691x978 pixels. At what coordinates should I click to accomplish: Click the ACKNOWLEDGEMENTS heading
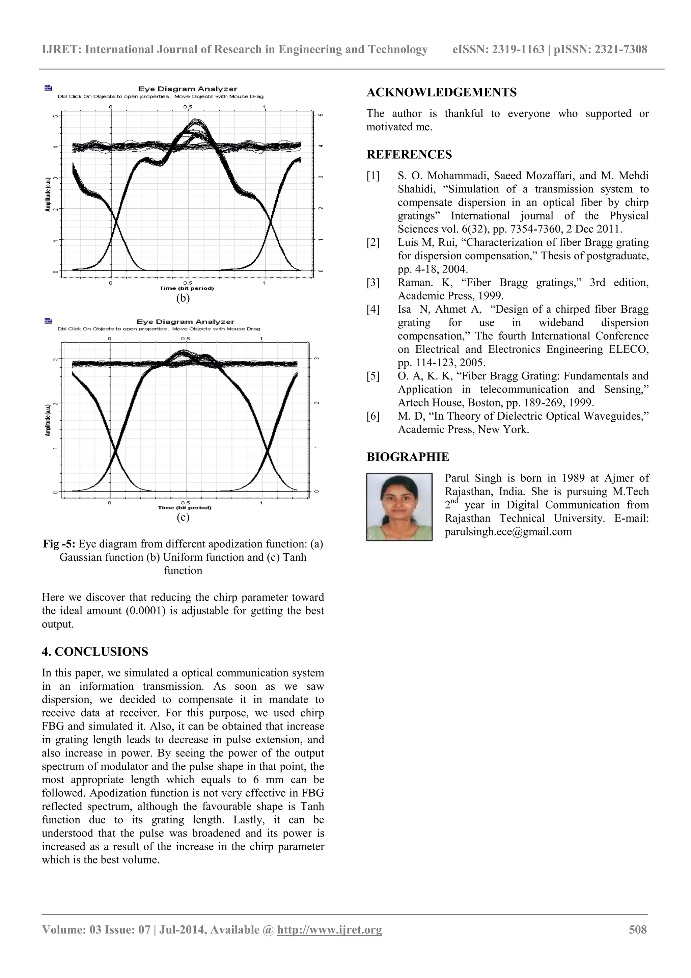442,92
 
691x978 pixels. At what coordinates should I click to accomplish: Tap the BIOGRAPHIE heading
408,457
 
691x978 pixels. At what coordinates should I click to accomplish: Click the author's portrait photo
399,506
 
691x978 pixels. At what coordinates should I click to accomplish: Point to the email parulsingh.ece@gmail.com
508,532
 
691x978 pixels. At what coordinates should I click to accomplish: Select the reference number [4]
373,309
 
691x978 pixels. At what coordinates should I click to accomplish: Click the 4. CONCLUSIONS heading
95,652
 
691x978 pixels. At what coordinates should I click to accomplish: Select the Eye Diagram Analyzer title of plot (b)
187,89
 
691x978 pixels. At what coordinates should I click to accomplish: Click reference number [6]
373,416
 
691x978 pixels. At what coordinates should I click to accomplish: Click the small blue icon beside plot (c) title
48,321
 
